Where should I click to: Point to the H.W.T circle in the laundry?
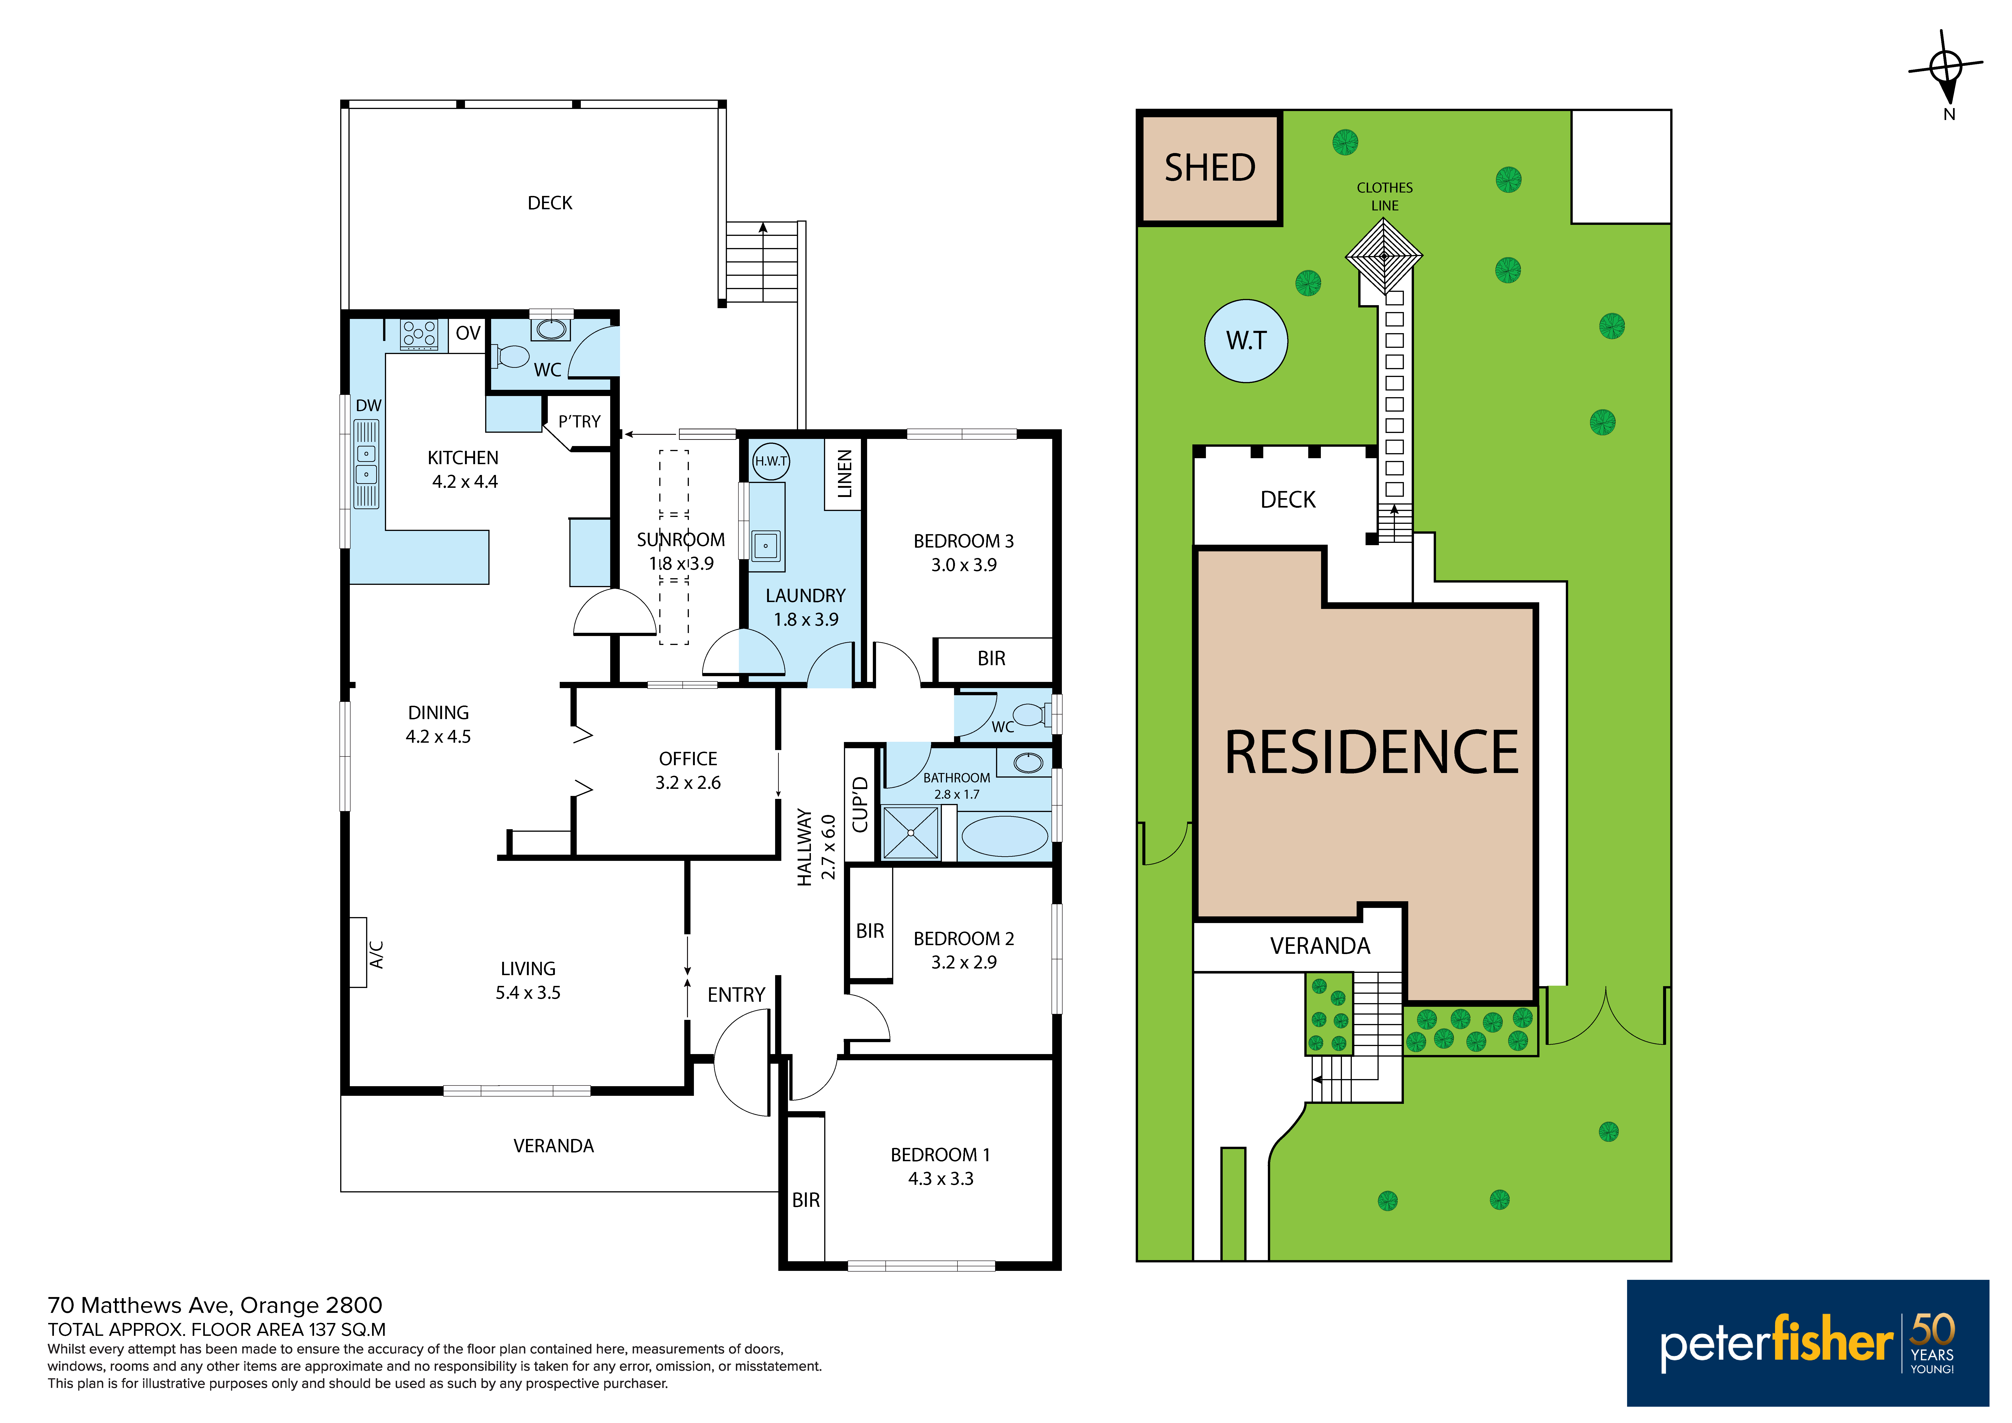click(x=771, y=461)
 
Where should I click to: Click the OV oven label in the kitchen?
click(x=468, y=333)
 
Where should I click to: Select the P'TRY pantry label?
click(x=579, y=421)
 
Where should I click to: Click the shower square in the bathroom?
click(x=910, y=832)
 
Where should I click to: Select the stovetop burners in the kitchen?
click(x=419, y=334)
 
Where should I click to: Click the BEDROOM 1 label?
click(x=940, y=1155)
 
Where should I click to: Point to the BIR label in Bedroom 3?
click(x=991, y=658)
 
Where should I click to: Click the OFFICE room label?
click(x=688, y=759)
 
